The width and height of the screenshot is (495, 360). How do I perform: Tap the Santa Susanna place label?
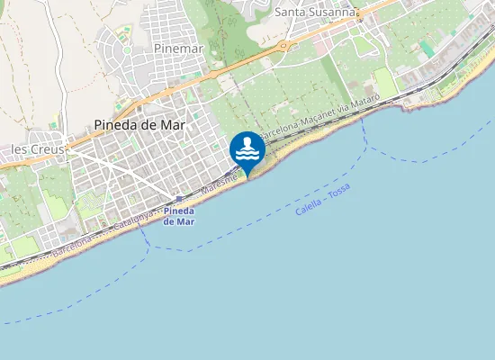tap(316, 12)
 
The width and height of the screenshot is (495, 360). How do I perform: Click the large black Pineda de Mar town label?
tap(139, 127)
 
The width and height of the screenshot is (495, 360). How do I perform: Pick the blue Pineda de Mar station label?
tap(178, 215)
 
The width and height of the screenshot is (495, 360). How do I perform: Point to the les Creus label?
tap(31, 147)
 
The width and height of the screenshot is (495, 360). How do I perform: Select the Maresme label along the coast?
tap(219, 184)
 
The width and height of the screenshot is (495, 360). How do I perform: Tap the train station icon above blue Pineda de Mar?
tap(179, 200)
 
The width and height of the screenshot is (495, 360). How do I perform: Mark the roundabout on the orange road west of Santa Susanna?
tap(284, 45)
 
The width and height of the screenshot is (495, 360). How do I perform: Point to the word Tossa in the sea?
tap(340, 190)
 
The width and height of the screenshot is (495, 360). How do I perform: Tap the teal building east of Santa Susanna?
tap(426, 46)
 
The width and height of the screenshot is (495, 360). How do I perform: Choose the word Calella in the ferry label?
tap(308, 207)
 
